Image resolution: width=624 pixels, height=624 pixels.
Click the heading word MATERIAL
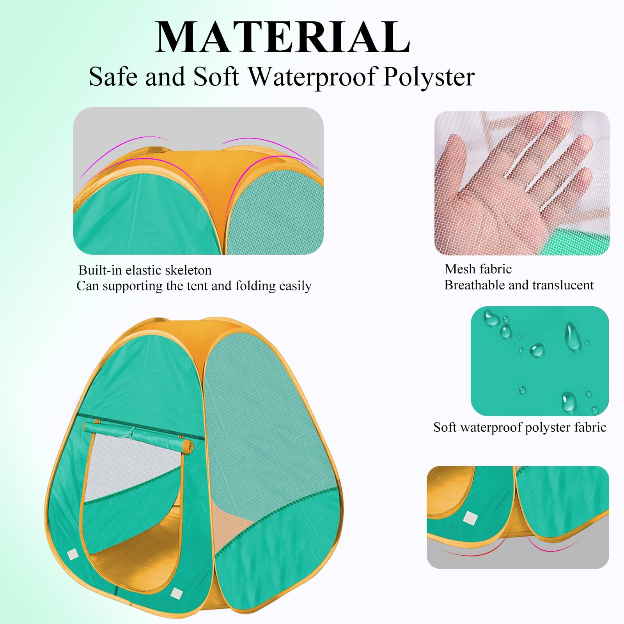(282, 37)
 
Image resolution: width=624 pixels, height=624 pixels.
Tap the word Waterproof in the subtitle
(314, 76)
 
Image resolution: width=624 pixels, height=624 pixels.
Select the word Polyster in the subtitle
(429, 77)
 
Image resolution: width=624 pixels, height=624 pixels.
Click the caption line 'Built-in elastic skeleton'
(145, 270)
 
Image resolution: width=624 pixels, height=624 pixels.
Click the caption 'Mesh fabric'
(478, 269)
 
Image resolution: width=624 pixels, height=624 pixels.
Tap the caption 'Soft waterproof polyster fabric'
(519, 427)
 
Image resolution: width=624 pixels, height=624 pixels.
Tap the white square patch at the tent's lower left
(73, 554)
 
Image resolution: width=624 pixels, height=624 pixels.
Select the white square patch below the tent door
(176, 594)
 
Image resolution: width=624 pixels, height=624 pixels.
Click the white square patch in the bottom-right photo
(470, 518)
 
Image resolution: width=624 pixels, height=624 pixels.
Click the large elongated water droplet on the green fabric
(573, 336)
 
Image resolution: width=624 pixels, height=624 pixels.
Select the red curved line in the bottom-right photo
(480, 551)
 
